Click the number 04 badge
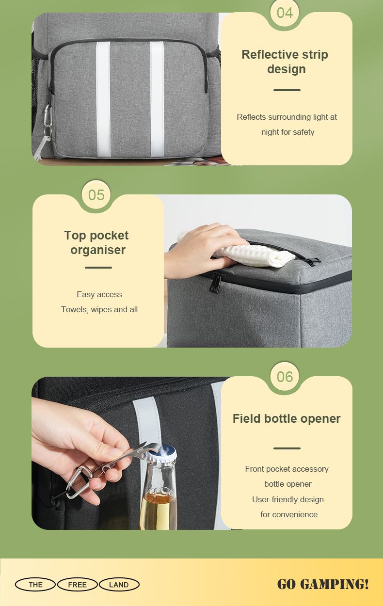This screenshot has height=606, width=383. [285, 13]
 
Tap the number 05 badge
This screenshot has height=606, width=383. [96, 194]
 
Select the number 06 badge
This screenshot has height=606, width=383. [285, 376]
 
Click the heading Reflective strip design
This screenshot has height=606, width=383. [285, 62]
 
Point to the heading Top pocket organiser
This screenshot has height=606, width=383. [96, 242]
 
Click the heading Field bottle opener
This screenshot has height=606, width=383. [287, 418]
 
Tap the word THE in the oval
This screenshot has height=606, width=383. [35, 585]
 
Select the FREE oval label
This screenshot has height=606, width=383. [78, 585]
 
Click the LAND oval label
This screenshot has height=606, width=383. [119, 585]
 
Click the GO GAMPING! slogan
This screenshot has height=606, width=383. [323, 584]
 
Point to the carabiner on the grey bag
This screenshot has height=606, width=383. [48, 115]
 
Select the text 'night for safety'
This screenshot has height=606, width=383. [288, 132]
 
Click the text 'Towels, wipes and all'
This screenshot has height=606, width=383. [99, 309]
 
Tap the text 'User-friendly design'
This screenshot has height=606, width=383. [288, 499]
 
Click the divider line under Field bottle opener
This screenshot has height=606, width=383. [287, 448]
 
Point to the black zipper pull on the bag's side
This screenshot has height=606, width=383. [216, 282]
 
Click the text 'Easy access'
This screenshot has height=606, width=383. [99, 294]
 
